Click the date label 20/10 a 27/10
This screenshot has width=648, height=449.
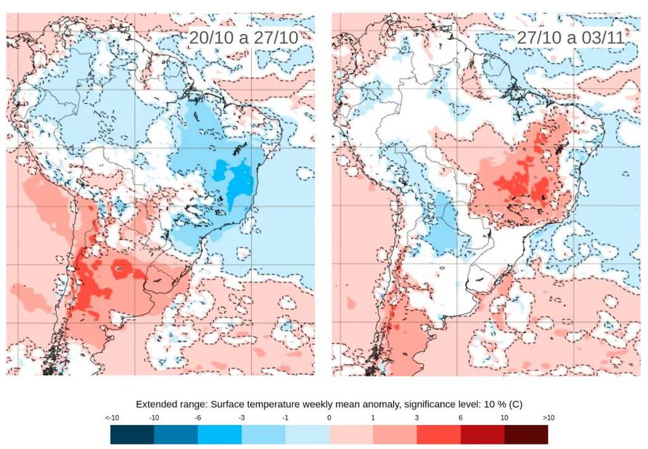(x=243, y=37)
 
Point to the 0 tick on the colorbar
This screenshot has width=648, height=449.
(x=329, y=418)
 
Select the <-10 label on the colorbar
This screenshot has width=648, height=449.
(x=111, y=418)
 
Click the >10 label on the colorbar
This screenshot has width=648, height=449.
(x=547, y=418)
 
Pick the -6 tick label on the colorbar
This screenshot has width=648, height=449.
(x=197, y=418)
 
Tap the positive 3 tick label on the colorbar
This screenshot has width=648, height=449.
(x=417, y=418)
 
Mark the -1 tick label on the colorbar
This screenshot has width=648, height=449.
(x=285, y=418)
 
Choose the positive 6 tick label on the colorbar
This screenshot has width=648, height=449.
(x=461, y=418)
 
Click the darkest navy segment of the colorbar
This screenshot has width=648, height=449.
(x=132, y=434)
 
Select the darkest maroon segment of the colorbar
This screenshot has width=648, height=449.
(x=526, y=434)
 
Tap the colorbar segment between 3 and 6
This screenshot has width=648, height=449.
(x=439, y=434)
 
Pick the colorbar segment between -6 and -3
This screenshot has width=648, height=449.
(x=220, y=434)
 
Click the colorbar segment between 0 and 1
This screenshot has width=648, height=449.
(x=351, y=434)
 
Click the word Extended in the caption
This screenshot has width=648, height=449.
(x=156, y=403)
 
